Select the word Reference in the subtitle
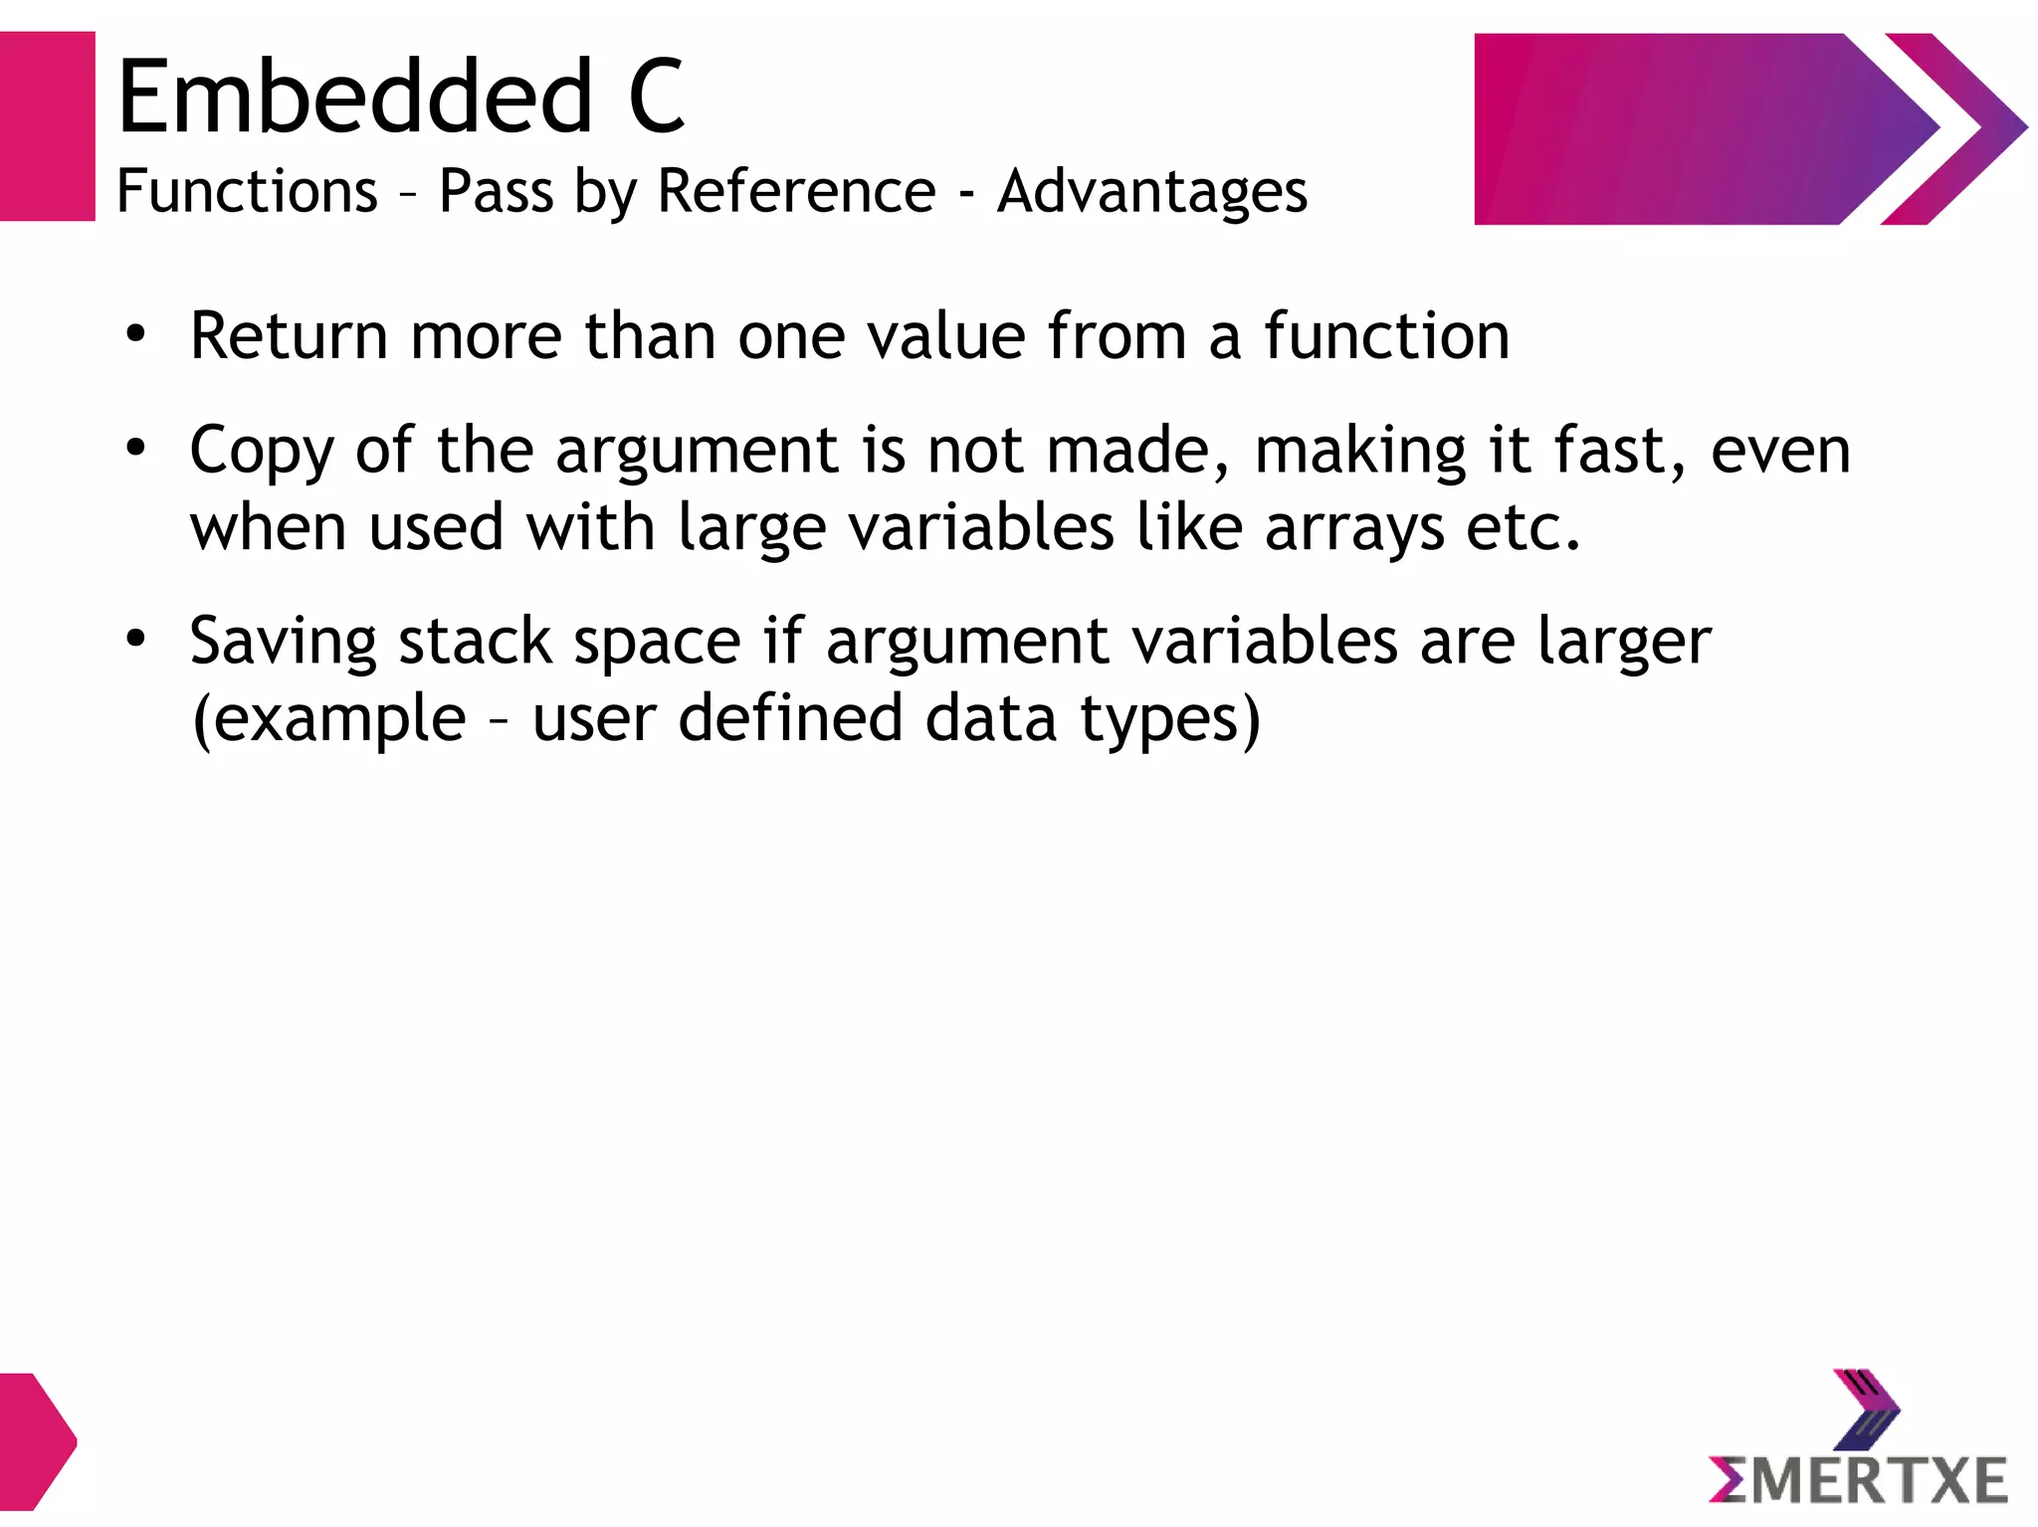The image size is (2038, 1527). click(x=796, y=190)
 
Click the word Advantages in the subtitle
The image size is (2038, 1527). click(x=1152, y=190)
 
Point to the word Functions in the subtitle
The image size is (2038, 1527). click(x=247, y=190)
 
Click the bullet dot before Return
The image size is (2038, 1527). click(x=136, y=334)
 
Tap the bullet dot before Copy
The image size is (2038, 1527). click(x=136, y=448)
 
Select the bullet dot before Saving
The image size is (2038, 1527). click(x=136, y=639)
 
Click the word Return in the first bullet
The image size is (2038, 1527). click(x=289, y=335)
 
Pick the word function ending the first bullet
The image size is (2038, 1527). click(x=1387, y=335)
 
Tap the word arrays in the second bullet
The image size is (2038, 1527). click(x=1354, y=527)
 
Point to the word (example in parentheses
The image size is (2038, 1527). click(x=328, y=718)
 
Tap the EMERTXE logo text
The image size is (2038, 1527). click(x=1859, y=1479)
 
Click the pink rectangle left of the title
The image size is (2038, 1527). click(x=47, y=126)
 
